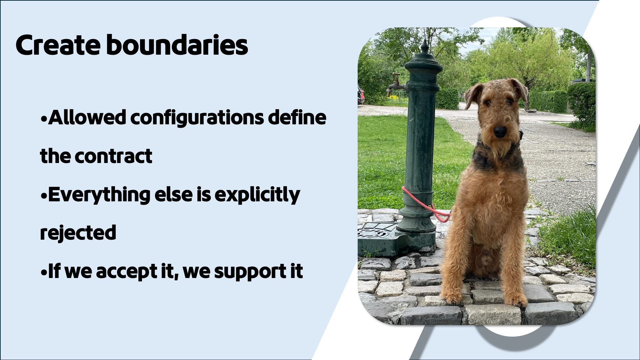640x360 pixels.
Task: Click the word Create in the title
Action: click(58, 45)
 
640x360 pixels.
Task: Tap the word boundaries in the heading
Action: click(177, 45)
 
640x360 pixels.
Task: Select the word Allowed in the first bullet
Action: click(87, 117)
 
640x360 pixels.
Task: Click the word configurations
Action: click(197, 118)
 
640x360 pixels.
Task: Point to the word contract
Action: click(113, 156)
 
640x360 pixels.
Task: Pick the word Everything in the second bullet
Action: click(99, 195)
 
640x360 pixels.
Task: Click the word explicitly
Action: click(257, 195)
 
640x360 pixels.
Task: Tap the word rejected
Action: click(78, 233)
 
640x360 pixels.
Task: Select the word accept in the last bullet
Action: click(126, 272)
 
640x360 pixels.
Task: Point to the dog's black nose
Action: click(500, 132)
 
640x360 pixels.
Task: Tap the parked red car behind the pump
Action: click(361, 95)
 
